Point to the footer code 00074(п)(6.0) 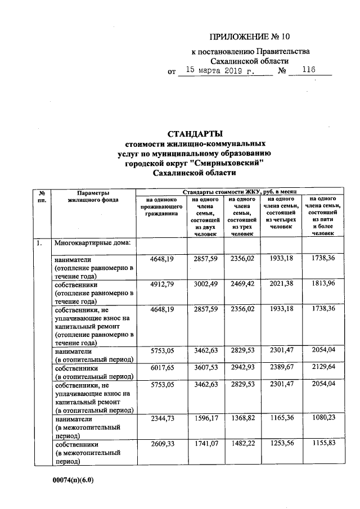[73, 480]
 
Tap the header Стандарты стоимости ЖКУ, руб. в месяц [235, 192]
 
